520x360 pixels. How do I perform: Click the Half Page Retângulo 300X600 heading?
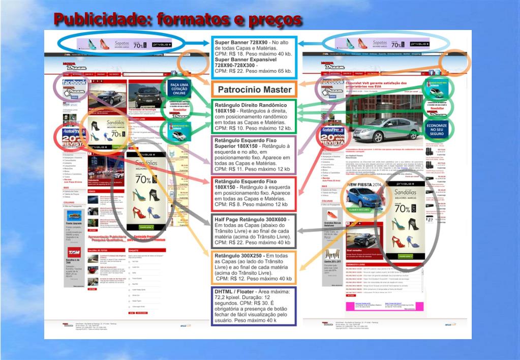(252, 219)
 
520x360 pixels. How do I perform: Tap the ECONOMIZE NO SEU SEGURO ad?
(437, 130)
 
